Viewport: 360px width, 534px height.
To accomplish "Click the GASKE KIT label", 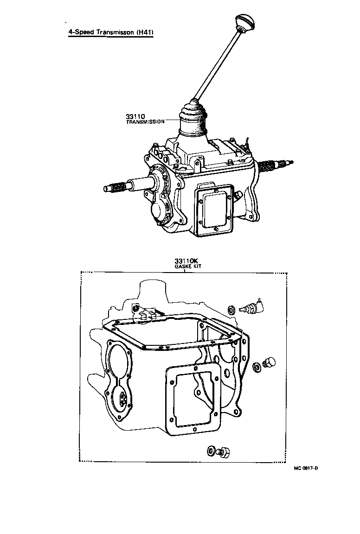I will pos(184,267).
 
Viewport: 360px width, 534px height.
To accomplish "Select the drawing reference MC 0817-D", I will pos(306,468).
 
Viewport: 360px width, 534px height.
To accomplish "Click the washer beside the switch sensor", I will pos(231,309).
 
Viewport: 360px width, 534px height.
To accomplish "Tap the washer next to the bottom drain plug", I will pos(211,450).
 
